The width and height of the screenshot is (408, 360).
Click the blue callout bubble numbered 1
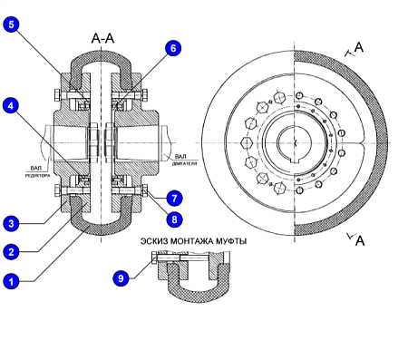click(x=11, y=281)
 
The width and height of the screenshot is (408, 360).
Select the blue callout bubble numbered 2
click(x=11, y=251)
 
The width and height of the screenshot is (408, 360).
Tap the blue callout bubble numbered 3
click(x=11, y=223)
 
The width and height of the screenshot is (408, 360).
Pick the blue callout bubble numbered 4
click(x=11, y=105)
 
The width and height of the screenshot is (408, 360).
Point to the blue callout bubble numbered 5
click(x=11, y=24)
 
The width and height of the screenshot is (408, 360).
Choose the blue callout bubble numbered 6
click(x=173, y=48)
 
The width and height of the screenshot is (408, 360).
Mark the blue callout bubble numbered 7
click(x=174, y=199)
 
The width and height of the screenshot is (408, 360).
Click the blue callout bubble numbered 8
click(x=174, y=219)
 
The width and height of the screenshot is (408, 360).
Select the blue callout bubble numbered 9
click(x=121, y=277)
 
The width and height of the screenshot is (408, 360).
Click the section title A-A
click(x=102, y=39)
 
